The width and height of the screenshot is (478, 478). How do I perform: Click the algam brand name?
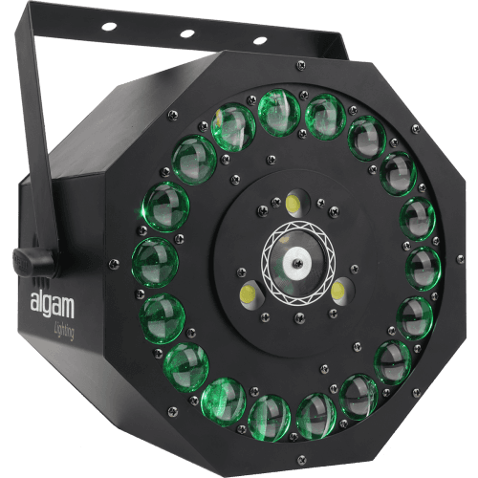53,306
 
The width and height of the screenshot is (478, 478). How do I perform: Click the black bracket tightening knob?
33,260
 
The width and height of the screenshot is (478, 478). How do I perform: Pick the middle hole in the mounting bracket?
186,33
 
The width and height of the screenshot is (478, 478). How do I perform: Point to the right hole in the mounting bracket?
260,41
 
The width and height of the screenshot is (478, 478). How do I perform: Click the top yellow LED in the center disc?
293,203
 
